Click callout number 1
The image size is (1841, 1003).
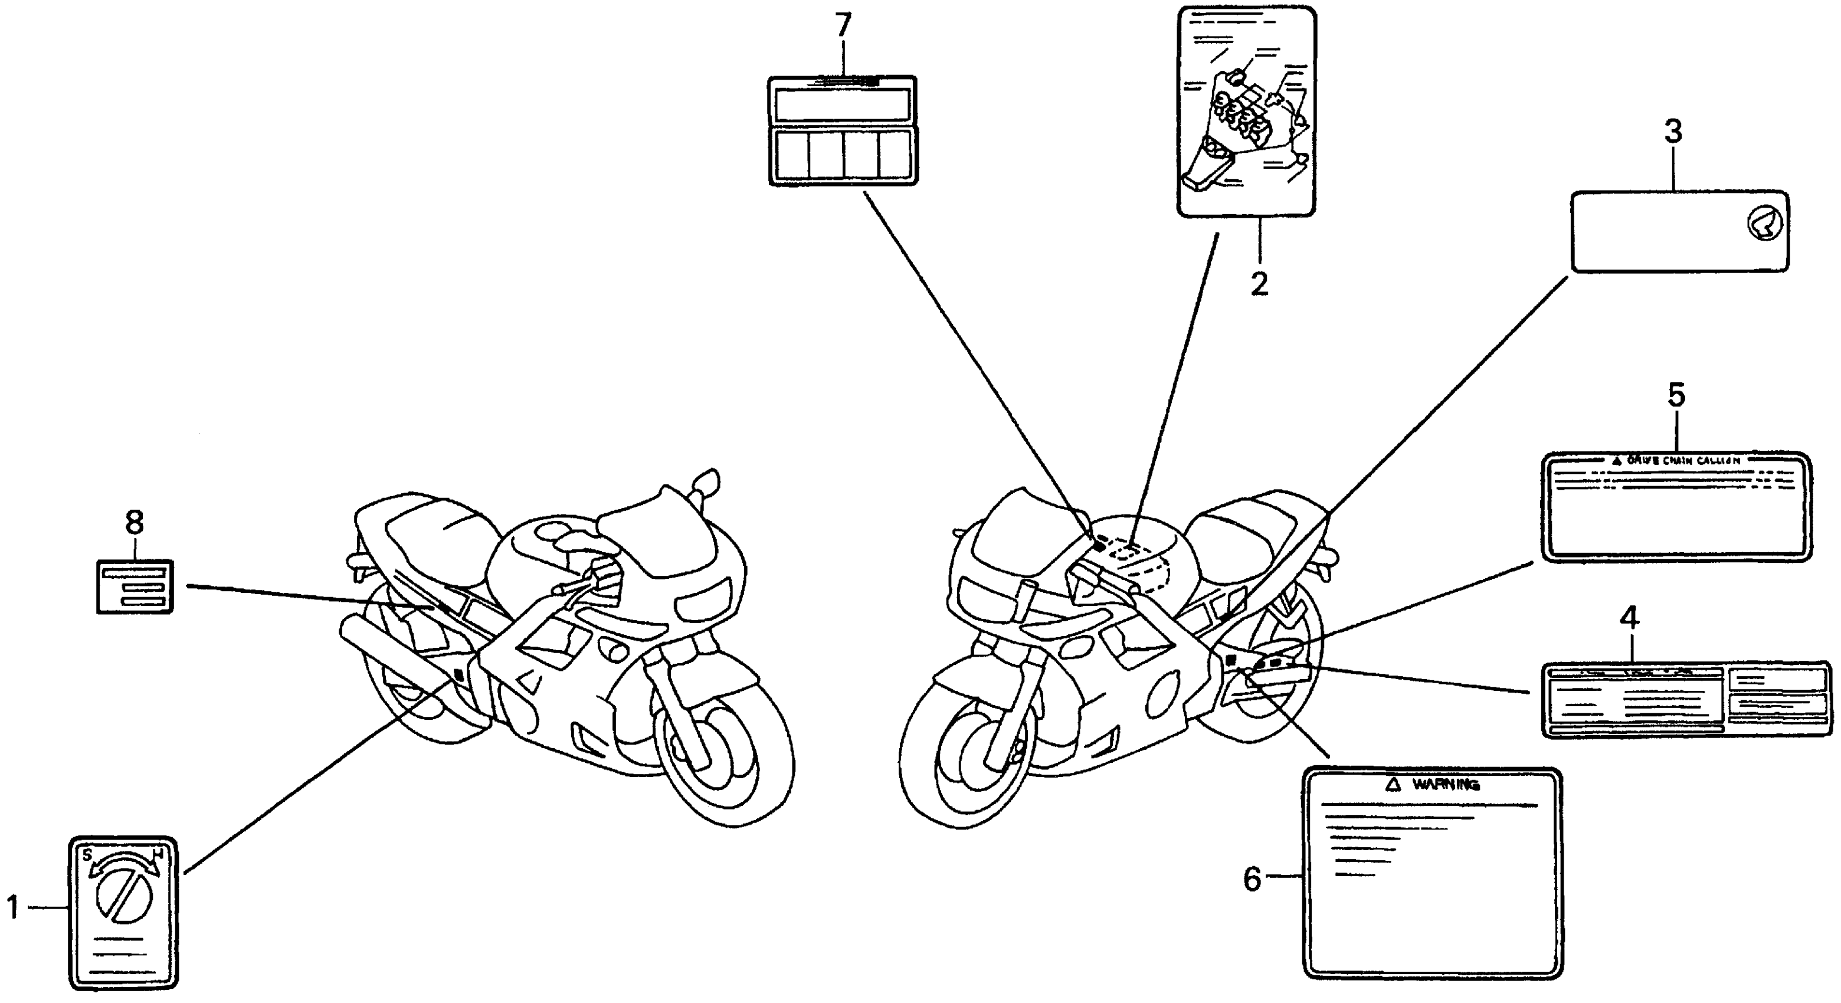12,907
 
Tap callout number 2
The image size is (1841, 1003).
1259,284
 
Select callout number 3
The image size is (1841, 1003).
1673,132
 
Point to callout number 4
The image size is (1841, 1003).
1629,617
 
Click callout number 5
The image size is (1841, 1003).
1676,395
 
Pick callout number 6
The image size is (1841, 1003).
1253,879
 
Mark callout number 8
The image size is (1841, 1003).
135,523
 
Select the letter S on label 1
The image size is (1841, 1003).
87,854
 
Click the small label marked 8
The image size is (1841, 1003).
135,586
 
